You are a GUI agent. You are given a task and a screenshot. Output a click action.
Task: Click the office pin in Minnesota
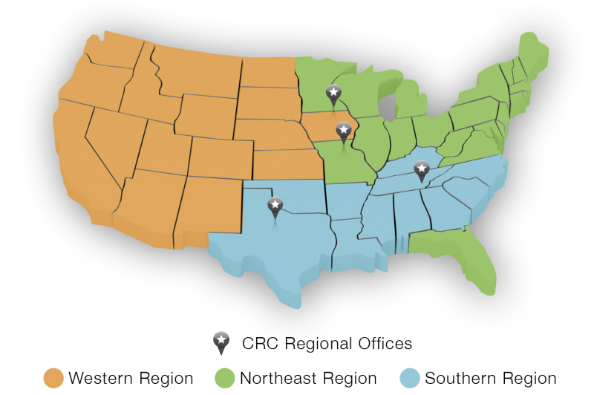333,94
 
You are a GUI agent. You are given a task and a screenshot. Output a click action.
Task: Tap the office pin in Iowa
343,131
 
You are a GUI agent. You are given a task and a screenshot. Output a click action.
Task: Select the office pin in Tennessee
422,170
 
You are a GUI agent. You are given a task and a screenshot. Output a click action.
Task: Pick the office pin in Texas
275,206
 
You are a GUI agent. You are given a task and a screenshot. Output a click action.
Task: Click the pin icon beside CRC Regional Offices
221,342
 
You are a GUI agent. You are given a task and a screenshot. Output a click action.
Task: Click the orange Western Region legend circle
53,378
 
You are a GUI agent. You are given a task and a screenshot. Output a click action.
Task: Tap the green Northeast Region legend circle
224,378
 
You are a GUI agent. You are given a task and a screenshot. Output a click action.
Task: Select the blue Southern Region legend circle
410,378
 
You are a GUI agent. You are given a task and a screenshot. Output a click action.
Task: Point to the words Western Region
131,378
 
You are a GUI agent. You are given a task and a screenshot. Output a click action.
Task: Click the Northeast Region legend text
308,378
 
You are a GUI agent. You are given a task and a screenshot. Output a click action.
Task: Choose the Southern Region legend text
491,378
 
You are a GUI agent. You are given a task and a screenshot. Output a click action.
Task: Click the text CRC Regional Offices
327,343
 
